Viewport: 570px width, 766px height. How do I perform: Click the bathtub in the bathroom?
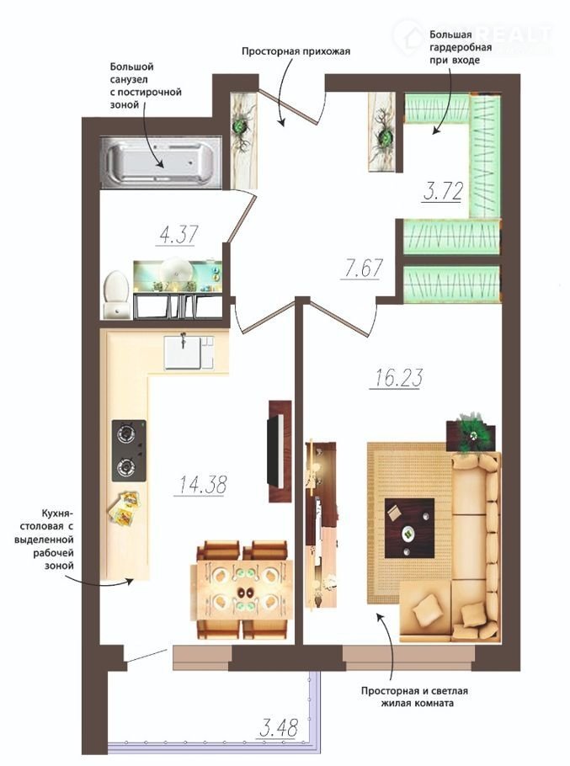coord(161,162)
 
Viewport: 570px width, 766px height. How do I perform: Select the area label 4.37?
coord(178,234)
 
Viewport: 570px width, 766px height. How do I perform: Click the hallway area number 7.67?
coord(362,268)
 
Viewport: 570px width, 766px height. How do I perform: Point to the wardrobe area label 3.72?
coord(443,191)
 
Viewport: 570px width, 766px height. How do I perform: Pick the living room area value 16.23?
coord(397,378)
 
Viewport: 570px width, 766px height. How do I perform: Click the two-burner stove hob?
coord(129,451)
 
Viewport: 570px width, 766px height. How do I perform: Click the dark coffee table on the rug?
coord(409,528)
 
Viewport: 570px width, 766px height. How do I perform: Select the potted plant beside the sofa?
coord(471,432)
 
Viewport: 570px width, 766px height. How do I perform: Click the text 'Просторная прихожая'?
coord(296,51)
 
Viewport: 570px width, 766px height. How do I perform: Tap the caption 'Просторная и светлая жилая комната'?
coord(414,697)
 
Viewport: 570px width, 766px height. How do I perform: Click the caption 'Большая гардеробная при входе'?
coord(460,47)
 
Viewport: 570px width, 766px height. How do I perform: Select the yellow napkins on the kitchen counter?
coord(123,508)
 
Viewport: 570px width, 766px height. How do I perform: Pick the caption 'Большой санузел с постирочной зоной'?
coord(146,85)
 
